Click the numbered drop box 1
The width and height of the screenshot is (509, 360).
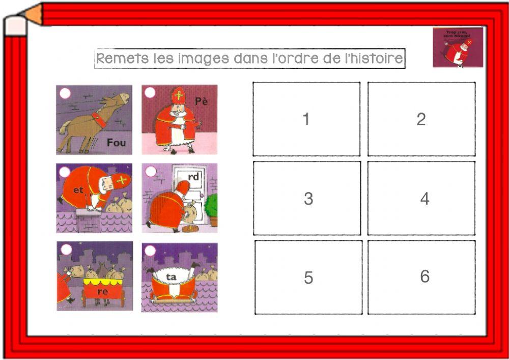(306, 119)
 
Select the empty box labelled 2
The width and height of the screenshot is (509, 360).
(421, 119)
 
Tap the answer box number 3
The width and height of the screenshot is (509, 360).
(307, 198)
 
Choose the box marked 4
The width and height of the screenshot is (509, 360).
(422, 198)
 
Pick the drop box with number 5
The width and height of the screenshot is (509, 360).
(308, 278)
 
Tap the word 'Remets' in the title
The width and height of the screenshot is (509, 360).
(116, 59)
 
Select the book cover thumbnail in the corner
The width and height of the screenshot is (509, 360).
(458, 47)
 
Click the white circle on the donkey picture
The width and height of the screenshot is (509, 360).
(65, 93)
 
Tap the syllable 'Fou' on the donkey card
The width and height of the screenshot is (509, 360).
(116, 143)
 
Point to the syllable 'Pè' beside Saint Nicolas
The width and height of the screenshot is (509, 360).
(202, 101)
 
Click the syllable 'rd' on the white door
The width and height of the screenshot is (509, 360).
(194, 177)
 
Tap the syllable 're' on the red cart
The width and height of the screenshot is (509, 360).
(103, 292)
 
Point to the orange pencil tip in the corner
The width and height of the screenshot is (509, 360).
(34, 15)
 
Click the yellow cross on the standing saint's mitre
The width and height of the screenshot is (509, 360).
(178, 95)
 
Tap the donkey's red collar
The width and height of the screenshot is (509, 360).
(99, 120)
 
